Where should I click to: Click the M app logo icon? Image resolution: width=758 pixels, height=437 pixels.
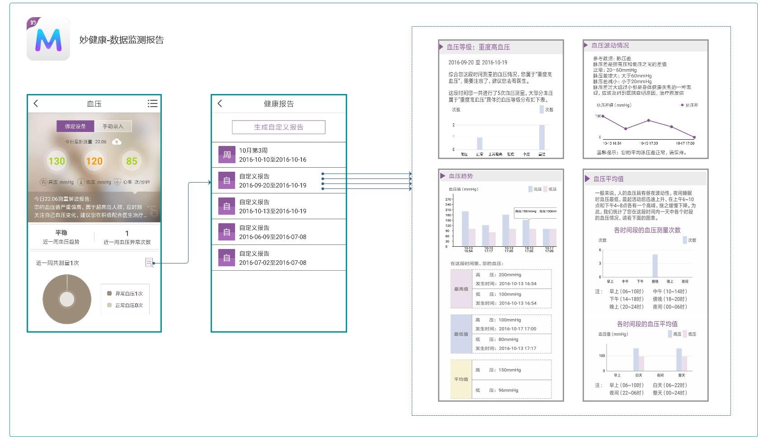pyautogui.click(x=48, y=39)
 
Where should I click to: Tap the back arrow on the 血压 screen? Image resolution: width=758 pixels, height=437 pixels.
pyautogui.click(x=36, y=103)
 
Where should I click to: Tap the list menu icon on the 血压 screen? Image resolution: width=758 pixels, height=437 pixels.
pyautogui.click(x=152, y=103)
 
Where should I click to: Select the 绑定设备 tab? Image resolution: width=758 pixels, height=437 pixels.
pyautogui.click(x=75, y=126)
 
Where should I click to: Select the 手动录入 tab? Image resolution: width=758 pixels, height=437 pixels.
pyautogui.click(x=113, y=126)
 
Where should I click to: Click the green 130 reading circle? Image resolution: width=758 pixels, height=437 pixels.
pyautogui.click(x=57, y=161)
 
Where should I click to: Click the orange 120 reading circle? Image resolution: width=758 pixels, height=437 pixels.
pyautogui.click(x=94, y=161)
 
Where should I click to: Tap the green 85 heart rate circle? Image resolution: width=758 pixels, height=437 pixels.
pyautogui.click(x=132, y=161)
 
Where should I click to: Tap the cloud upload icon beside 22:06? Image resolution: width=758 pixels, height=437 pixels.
pyautogui.click(x=117, y=142)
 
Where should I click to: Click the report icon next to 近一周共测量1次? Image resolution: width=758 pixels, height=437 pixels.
pyautogui.click(x=149, y=263)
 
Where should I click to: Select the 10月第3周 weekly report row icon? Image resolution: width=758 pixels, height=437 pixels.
pyautogui.click(x=227, y=155)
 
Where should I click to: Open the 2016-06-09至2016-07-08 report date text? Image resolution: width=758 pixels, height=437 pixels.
pyautogui.click(x=273, y=237)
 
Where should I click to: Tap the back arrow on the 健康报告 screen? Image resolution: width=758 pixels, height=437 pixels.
pyautogui.click(x=220, y=103)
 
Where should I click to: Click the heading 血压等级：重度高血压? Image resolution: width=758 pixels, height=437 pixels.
pyautogui.click(x=478, y=47)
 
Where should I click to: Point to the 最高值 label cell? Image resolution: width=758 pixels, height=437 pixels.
pyautogui.click(x=461, y=289)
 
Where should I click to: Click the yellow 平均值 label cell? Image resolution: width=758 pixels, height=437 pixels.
pyautogui.click(x=461, y=379)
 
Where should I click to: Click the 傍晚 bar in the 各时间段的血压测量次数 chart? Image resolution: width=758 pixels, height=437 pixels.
pyautogui.click(x=655, y=266)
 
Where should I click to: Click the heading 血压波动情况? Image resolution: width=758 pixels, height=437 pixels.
pyautogui.click(x=610, y=46)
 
